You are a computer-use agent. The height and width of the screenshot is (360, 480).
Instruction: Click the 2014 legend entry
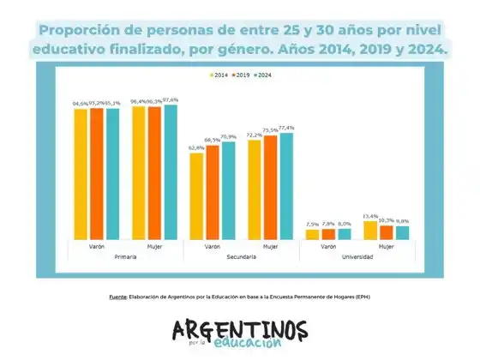click(x=220, y=75)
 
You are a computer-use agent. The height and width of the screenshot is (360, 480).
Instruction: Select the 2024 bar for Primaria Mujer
click(x=171, y=171)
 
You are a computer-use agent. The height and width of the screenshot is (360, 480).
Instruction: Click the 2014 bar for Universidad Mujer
click(x=370, y=230)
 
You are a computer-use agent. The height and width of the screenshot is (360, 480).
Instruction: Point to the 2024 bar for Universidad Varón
click(x=344, y=233)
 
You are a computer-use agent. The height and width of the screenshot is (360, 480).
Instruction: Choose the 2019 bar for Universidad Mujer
click(x=387, y=231)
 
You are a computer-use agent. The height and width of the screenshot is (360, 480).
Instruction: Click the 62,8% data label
click(x=196, y=147)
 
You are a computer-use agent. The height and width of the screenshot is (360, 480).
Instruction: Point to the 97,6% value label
click(x=171, y=99)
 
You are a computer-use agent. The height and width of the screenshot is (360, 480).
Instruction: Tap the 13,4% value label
click(x=370, y=216)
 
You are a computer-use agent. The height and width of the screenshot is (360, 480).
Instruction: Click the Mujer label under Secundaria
click(x=270, y=247)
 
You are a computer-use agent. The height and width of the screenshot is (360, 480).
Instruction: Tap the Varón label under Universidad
click(x=328, y=247)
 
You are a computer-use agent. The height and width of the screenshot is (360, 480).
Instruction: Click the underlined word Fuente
click(x=117, y=297)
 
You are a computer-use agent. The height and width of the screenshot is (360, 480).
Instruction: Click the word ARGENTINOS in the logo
click(x=239, y=329)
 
